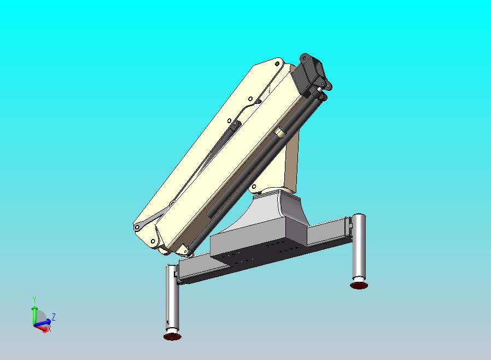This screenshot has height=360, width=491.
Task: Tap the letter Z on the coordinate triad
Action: [54, 317]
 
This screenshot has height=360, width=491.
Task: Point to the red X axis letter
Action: [49, 329]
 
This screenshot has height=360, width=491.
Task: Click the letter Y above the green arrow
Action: [34, 299]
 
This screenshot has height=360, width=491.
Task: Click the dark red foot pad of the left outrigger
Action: [172, 336]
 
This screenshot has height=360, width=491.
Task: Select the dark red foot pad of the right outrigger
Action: [359, 285]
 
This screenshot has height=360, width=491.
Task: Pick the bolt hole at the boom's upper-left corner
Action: [277, 63]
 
